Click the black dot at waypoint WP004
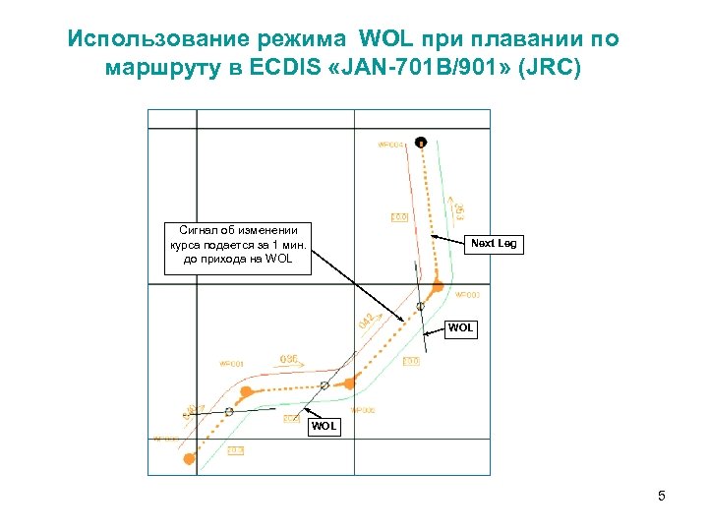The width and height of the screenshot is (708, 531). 421,142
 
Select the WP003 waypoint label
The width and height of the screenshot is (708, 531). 466,295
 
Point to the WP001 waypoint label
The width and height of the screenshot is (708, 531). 231,364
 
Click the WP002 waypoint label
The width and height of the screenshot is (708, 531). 363,410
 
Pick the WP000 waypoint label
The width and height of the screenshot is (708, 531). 165,439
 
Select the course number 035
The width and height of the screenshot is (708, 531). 289,360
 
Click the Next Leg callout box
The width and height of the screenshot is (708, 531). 494,243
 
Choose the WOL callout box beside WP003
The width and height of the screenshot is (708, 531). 460,328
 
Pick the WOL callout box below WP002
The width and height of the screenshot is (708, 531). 324,427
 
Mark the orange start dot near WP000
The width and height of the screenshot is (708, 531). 189,458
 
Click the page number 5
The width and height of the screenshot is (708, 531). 662,496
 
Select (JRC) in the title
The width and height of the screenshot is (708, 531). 555,69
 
